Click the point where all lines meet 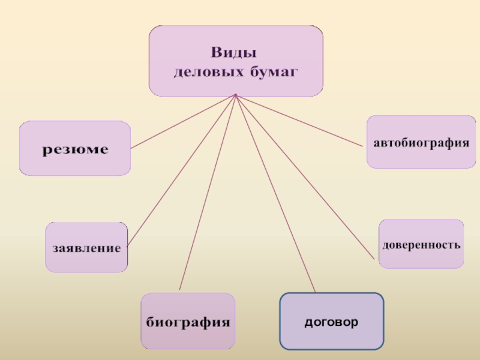236,95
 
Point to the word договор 331,322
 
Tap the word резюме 75,149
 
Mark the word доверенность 421,245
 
